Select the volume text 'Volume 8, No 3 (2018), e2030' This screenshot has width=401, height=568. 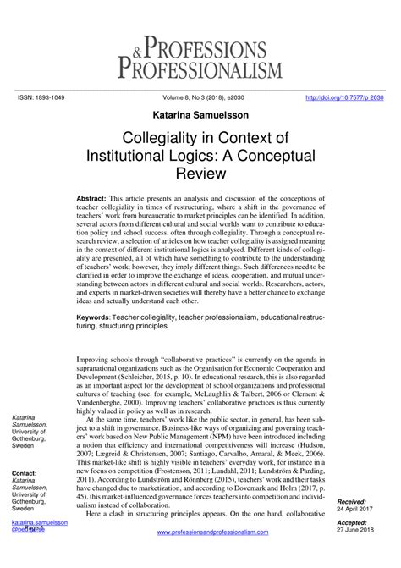click(x=200, y=97)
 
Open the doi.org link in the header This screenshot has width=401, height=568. click(x=345, y=97)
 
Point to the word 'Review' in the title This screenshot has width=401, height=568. click(x=200, y=174)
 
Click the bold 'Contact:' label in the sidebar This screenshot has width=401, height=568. click(x=25, y=474)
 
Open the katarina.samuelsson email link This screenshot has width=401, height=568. click(x=39, y=524)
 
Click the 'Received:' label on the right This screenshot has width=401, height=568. click(x=353, y=501)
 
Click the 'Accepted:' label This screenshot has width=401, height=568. click(x=354, y=524)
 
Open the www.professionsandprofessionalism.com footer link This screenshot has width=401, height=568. click(x=212, y=532)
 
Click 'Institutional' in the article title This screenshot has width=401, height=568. click(x=154, y=157)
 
